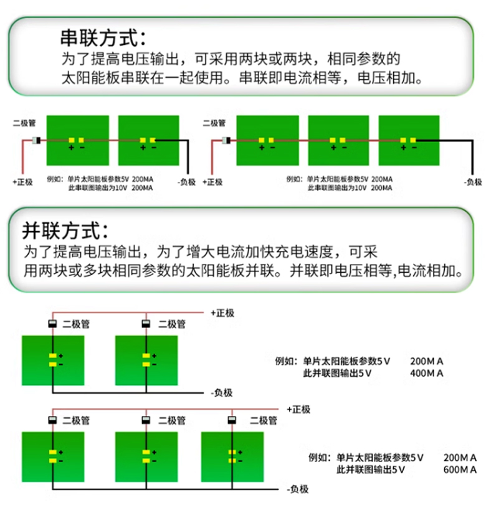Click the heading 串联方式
click(103, 37)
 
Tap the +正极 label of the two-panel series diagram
click(21, 182)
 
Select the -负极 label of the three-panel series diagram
click(474, 182)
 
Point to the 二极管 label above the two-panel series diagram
click(24, 123)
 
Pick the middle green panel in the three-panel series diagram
click(338, 141)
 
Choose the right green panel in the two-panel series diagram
click(149, 141)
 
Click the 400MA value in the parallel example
click(427, 374)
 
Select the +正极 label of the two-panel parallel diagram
click(222, 313)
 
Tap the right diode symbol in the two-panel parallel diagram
click(146, 324)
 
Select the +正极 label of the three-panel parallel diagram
click(298, 410)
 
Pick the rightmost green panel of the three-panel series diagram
click(409, 141)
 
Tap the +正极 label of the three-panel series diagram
click(212, 182)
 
